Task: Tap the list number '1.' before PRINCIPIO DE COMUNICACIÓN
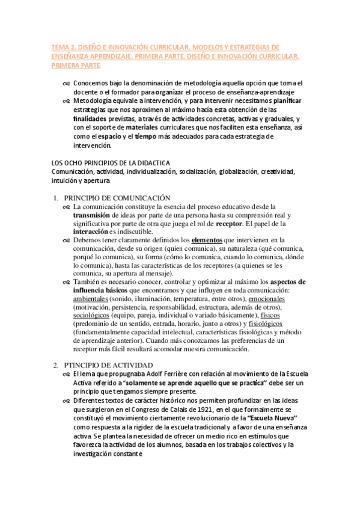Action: coord(55,198)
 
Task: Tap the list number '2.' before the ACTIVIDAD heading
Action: coord(55,365)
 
